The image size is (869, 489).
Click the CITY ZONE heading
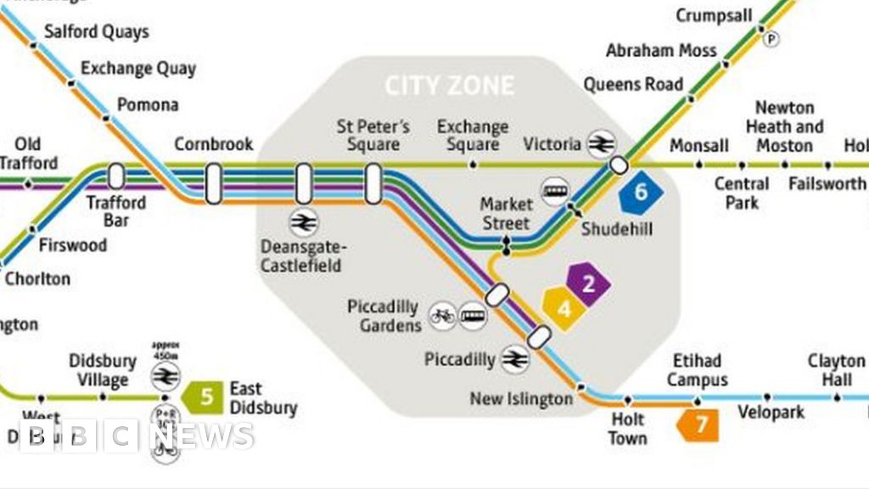tap(449, 86)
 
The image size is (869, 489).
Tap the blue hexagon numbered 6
tap(640, 193)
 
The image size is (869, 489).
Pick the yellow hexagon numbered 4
tap(563, 308)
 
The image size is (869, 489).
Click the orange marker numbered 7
tap(699, 424)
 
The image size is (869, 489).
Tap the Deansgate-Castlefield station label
tap(303, 256)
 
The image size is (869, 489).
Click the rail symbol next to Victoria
tap(601, 144)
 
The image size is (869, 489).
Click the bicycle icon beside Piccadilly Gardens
tap(441, 317)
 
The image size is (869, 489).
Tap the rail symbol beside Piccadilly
tap(513, 359)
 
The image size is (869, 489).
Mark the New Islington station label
tap(522, 398)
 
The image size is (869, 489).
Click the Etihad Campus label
tap(698, 369)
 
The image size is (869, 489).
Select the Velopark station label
tap(771, 413)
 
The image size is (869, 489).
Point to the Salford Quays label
tap(96, 32)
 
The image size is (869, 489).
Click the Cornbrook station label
tap(214, 144)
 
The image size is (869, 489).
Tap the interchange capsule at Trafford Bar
tap(116, 177)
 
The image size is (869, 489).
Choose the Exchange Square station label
tap(473, 136)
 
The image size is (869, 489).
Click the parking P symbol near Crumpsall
tap(771, 38)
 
